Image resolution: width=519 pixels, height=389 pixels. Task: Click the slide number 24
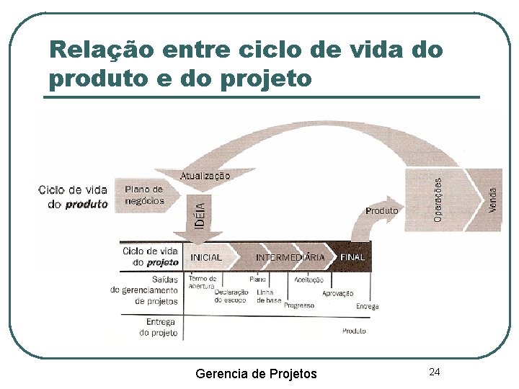(x=434, y=372)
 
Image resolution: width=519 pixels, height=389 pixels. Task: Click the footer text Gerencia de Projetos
(x=256, y=373)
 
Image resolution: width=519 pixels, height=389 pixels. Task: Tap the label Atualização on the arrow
(x=205, y=175)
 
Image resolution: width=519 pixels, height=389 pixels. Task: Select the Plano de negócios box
(x=145, y=195)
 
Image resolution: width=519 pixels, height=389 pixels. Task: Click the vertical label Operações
(x=438, y=200)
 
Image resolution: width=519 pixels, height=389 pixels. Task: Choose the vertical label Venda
(x=493, y=200)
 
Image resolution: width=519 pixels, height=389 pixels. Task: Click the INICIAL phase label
(x=206, y=257)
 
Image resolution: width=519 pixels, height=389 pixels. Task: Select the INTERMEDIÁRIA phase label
(x=290, y=257)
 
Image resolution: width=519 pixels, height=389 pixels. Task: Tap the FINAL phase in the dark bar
(x=352, y=257)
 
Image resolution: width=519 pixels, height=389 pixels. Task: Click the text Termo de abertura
(x=202, y=282)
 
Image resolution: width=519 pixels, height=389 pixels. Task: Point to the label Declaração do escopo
(x=231, y=296)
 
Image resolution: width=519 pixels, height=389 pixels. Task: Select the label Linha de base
(x=269, y=296)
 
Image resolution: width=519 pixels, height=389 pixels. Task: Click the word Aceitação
(x=309, y=280)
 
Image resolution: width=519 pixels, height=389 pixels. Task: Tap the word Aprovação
(x=337, y=293)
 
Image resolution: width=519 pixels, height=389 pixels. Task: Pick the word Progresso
(x=299, y=305)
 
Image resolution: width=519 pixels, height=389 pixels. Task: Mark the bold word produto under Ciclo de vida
(x=86, y=204)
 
